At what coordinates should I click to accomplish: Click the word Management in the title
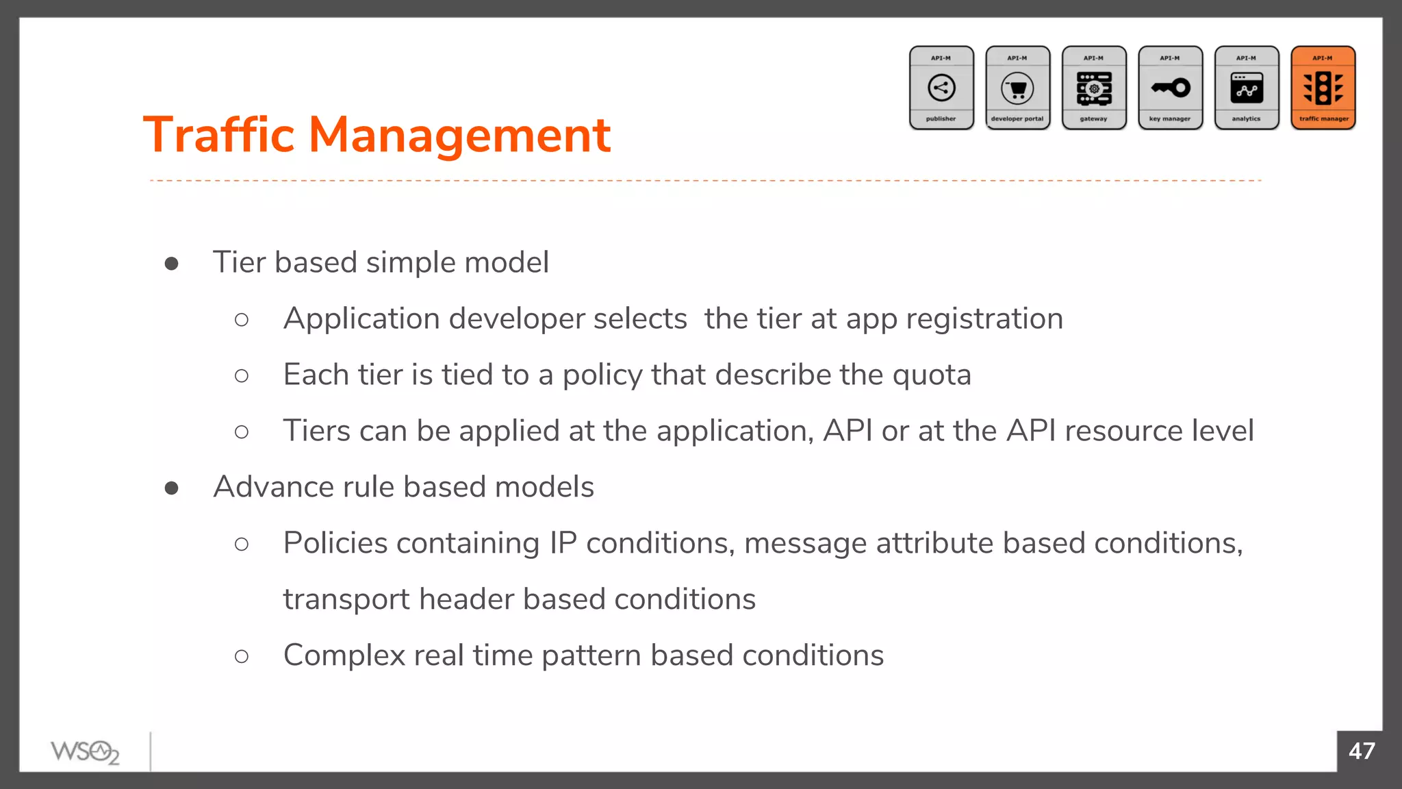click(x=459, y=135)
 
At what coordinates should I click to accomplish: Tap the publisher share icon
click(x=941, y=88)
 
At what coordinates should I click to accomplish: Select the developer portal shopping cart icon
click(x=1018, y=88)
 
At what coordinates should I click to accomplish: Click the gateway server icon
click(x=1094, y=88)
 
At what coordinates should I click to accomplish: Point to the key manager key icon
click(x=1171, y=88)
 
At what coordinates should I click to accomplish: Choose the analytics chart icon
click(x=1247, y=88)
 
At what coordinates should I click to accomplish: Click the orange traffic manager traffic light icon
click(x=1323, y=88)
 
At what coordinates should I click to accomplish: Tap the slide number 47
click(x=1362, y=751)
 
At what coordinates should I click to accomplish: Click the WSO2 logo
click(x=85, y=752)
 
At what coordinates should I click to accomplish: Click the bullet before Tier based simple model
click(x=172, y=264)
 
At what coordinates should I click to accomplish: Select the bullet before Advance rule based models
click(x=172, y=488)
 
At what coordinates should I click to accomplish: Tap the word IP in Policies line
click(x=563, y=544)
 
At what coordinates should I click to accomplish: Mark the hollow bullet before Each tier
click(x=242, y=376)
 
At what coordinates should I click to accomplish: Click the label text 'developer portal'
click(x=1017, y=118)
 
